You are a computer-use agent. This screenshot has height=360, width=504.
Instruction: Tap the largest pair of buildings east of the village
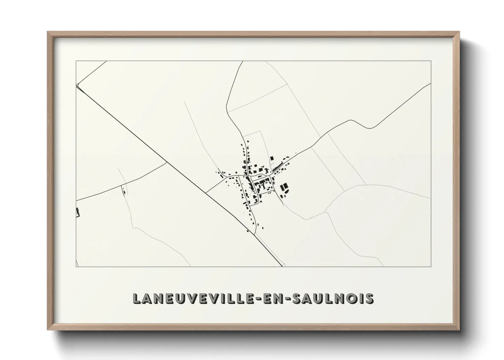click(284, 188)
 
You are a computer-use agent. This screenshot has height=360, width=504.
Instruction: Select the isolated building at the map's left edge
click(78, 212)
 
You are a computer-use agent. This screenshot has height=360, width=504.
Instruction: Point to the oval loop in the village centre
click(259, 176)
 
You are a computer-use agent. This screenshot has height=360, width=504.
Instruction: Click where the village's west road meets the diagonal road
click(206, 193)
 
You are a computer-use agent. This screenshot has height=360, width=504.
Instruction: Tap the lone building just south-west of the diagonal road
click(248, 231)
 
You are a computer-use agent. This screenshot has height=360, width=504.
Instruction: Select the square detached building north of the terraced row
click(272, 158)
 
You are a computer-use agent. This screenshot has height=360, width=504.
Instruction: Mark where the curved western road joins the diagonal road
click(167, 162)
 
